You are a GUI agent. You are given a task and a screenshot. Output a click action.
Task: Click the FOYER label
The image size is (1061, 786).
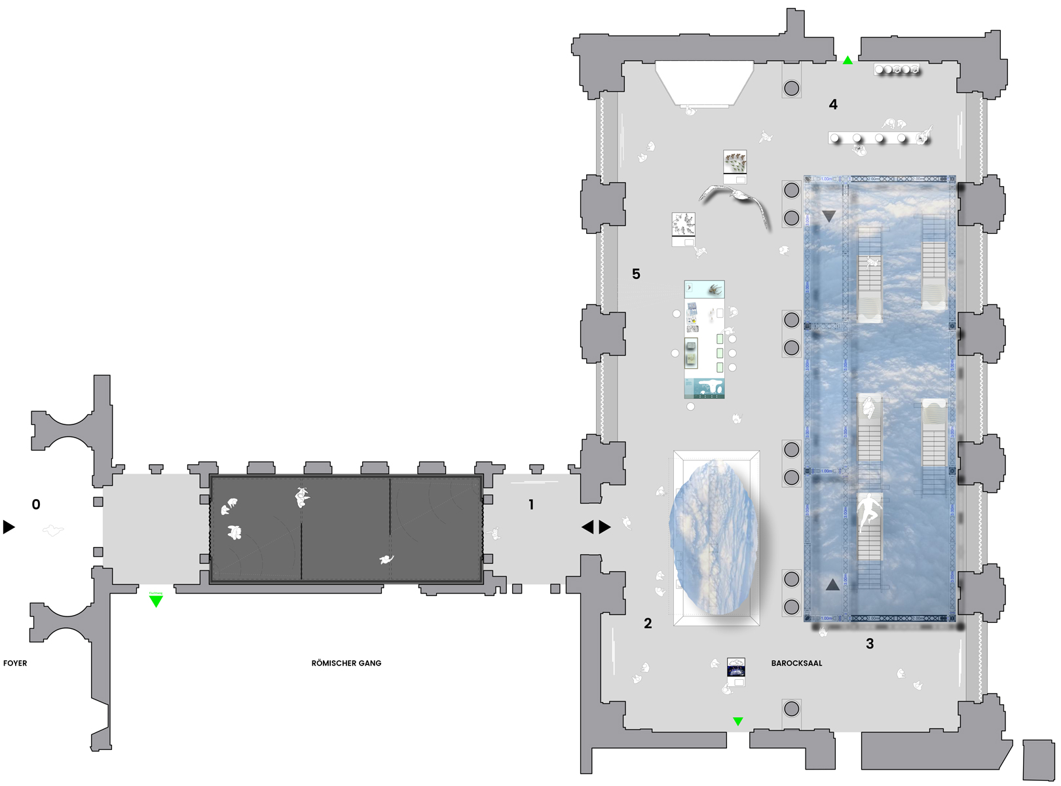point(15,663)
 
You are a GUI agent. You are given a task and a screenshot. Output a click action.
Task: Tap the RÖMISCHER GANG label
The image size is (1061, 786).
point(346,663)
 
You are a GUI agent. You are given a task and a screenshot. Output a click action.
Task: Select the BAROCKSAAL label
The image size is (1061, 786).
point(796,663)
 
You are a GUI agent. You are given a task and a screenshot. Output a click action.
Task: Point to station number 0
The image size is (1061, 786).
point(36,504)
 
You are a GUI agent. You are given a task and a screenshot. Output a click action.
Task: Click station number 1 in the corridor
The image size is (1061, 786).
point(531,504)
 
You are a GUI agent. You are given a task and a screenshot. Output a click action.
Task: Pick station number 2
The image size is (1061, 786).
point(648,623)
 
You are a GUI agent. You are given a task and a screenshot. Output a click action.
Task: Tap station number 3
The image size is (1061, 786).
point(870,644)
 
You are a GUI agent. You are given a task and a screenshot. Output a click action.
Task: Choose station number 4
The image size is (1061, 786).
point(833,104)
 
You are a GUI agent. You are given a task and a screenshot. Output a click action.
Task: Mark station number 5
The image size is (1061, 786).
point(636,274)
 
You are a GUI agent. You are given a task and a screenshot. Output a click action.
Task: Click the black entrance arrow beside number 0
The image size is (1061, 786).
point(9,527)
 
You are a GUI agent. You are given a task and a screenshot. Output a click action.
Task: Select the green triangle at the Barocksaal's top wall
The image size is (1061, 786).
point(847,60)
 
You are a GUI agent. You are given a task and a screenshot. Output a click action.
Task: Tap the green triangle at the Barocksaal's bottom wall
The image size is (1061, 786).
point(738,721)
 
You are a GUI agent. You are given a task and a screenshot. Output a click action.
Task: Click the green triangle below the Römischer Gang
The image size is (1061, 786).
point(156,601)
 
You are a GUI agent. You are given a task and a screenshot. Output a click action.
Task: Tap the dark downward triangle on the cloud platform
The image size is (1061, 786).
point(829,215)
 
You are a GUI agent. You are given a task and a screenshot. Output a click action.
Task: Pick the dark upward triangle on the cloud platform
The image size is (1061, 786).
point(832,584)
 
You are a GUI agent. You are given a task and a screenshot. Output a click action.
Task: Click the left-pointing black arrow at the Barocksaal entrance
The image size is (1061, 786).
point(587,527)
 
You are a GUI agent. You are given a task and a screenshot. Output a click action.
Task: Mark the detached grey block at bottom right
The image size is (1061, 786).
point(1039,760)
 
